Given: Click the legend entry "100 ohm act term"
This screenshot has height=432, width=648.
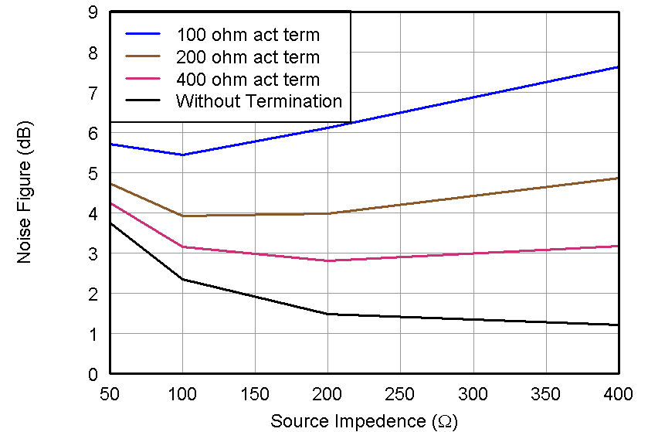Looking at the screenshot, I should pyautogui.click(x=247, y=35).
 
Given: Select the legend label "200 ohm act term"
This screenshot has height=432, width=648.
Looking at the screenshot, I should pyautogui.click(x=247, y=57).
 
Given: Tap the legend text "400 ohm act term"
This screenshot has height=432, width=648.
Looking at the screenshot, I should pyautogui.click(x=247, y=79).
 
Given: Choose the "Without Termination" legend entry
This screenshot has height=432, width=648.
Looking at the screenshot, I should pyautogui.click(x=259, y=100).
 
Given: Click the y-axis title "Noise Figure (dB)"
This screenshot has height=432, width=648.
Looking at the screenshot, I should pyautogui.click(x=25, y=192).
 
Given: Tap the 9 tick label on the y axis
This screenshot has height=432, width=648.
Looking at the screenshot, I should pyautogui.click(x=93, y=13).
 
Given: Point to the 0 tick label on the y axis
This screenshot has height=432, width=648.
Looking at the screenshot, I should pyautogui.click(x=93, y=374).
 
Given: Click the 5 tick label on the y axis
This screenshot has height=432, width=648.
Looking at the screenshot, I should pyautogui.click(x=93, y=174).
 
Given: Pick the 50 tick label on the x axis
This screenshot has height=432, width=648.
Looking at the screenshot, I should pyautogui.click(x=110, y=393).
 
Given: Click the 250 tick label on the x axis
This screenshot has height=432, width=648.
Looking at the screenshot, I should pyautogui.click(x=400, y=393).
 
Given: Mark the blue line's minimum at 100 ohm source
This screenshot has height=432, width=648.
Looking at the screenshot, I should pyautogui.click(x=182, y=155).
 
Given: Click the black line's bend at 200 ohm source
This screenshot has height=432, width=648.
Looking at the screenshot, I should pyautogui.click(x=327, y=314).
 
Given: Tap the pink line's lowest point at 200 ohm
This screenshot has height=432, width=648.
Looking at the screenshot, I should pyautogui.click(x=327, y=260).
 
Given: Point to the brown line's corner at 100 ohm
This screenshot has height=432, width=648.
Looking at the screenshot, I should pyautogui.click(x=182, y=216).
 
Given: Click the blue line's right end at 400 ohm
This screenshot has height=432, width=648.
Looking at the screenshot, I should pyautogui.click(x=618, y=67).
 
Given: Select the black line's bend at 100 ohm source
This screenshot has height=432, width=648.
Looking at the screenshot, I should pyautogui.click(x=182, y=279).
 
